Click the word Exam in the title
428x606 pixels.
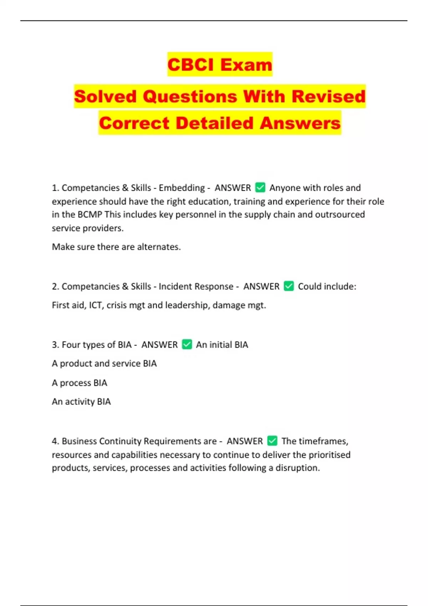coord(246,65)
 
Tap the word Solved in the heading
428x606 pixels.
coord(105,97)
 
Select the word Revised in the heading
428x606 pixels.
coord(328,97)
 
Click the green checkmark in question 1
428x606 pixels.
coord(260,188)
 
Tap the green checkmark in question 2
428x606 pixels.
coord(289,286)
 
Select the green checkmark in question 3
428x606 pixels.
coord(187,344)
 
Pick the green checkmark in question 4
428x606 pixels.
coord(272,441)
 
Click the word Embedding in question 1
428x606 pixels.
coord(182,188)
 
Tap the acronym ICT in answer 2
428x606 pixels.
coord(95,305)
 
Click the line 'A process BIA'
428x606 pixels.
coord(80,383)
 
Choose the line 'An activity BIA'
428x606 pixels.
coord(81,402)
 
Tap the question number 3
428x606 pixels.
coord(55,345)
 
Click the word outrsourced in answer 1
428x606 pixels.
coord(340,215)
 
